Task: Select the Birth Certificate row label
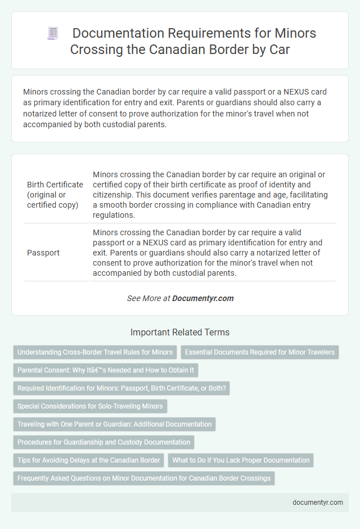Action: [55, 194]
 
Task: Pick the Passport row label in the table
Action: [43, 253]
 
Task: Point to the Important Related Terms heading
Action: [180, 332]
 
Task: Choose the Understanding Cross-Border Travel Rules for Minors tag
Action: [95, 352]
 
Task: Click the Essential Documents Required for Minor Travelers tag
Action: [259, 352]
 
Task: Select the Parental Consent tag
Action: [106, 370]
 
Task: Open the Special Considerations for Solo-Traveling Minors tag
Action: [90, 406]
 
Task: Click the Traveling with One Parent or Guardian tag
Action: [114, 424]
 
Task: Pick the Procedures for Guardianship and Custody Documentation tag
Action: [103, 442]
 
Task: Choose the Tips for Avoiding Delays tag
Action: [89, 460]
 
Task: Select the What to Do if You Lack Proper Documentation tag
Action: [241, 460]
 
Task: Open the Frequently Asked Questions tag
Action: [144, 478]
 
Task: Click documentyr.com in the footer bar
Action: [318, 503]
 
